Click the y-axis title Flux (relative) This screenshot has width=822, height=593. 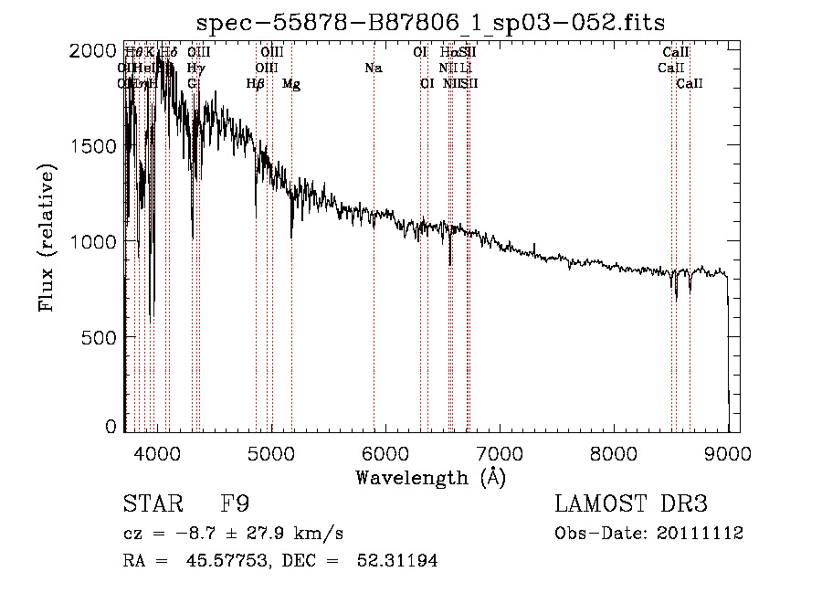point(47,237)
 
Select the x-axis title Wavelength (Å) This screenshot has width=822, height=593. point(430,477)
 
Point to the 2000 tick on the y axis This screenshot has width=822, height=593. point(91,51)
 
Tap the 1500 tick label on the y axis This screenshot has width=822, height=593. point(91,146)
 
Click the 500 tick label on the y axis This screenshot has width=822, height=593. point(98,337)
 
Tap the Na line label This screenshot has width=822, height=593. point(373,68)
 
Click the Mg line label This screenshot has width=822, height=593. point(290,84)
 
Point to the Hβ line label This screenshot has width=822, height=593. point(256,84)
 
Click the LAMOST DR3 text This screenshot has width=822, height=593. point(631,504)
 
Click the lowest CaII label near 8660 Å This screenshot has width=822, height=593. point(690,84)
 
